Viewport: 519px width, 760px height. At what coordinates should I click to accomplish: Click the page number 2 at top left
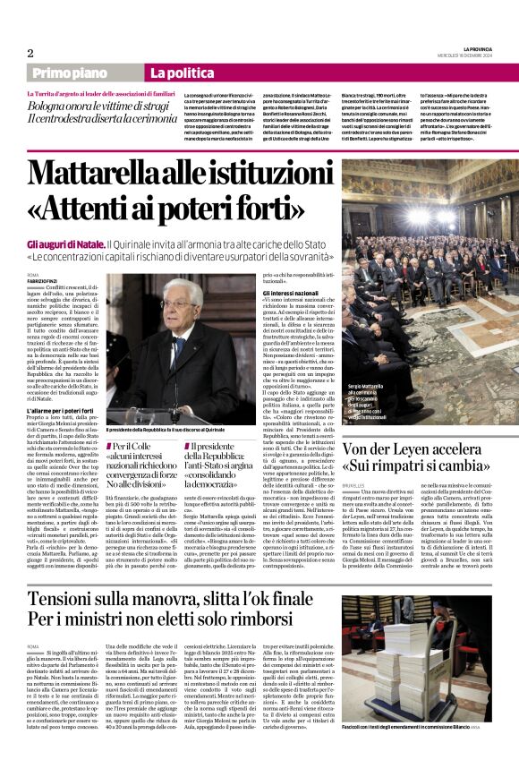pos(30,53)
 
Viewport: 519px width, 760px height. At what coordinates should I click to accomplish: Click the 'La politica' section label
pos(175,73)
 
